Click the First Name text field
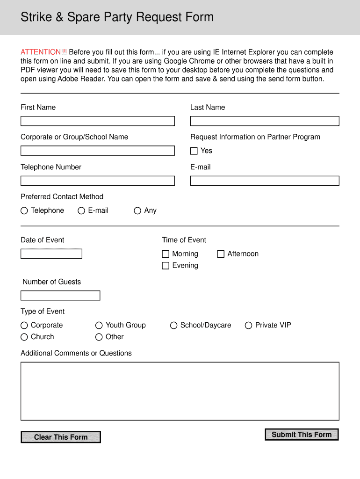click(97, 121)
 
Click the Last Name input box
click(265, 121)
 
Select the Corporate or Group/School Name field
click(97, 151)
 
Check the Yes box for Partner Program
click(194, 151)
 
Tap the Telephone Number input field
click(97, 181)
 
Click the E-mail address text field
click(265, 181)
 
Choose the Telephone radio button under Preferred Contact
click(24, 211)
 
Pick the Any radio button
click(137, 211)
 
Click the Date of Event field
click(51, 254)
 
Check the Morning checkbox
click(166, 254)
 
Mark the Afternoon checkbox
click(221, 254)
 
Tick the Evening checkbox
click(166, 266)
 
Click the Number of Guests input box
click(60, 296)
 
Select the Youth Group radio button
click(99, 326)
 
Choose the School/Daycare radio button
click(174, 326)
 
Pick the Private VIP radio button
click(249, 326)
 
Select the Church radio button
click(24, 337)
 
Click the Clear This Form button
click(61, 437)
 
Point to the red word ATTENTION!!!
click(43, 52)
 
